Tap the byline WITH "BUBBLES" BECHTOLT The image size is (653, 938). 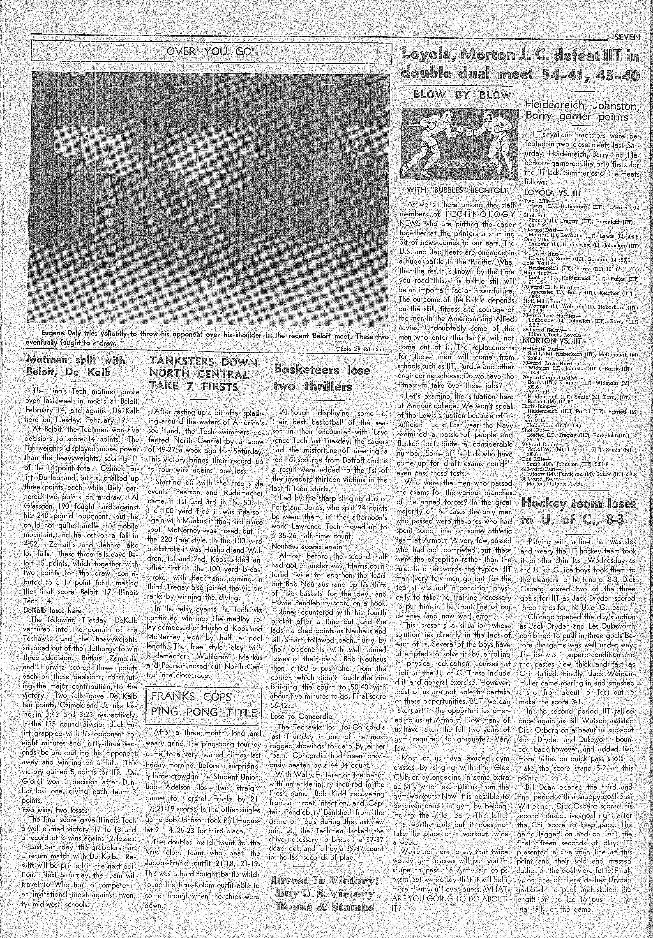click(x=457, y=190)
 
